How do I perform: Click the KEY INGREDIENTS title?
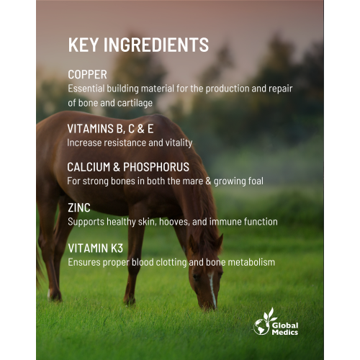tap(138, 45)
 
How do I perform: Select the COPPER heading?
tap(87, 74)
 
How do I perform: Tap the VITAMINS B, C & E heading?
tap(109, 129)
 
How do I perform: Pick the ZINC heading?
tap(78, 207)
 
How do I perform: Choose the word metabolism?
tap(252, 263)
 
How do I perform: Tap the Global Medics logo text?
tap(285, 328)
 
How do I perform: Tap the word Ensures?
tap(84, 263)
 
